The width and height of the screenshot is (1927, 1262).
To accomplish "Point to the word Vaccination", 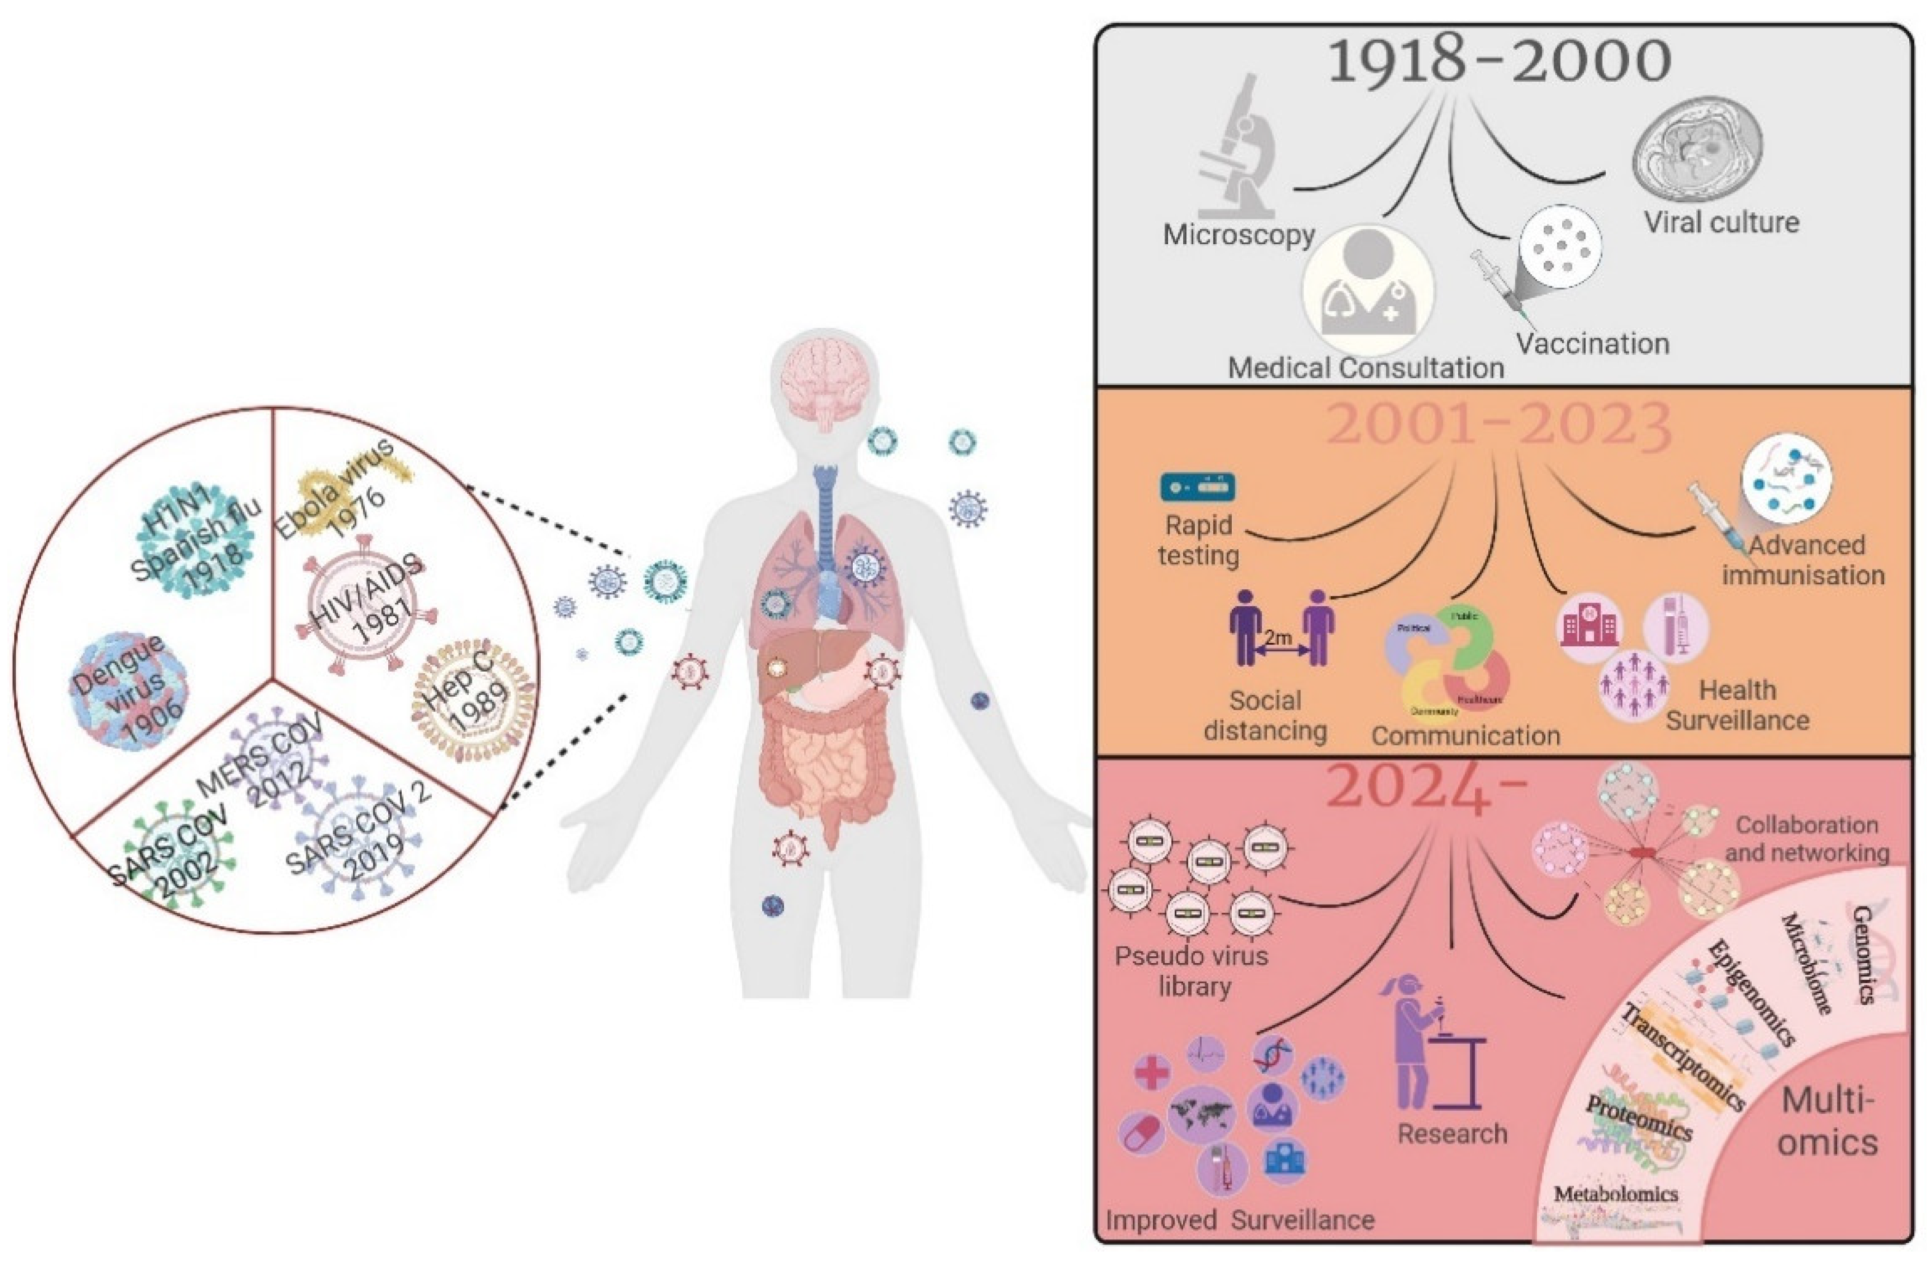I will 1592,344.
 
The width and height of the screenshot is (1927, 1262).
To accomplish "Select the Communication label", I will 1466,736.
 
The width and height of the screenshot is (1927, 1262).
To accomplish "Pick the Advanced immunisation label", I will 1803,560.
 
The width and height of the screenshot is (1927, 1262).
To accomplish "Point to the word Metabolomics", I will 1615,1193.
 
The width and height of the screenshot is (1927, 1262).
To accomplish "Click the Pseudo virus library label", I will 1191,971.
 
